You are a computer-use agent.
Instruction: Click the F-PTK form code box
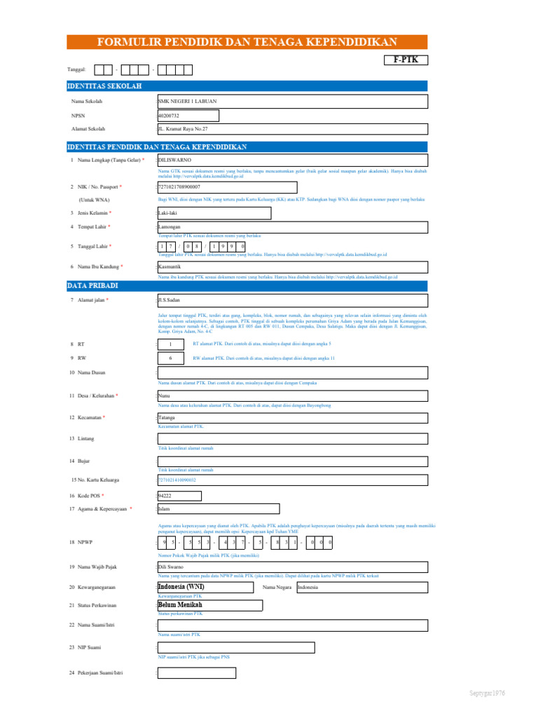pos(406,60)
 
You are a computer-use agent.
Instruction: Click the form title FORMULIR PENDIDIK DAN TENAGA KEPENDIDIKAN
pos(247,42)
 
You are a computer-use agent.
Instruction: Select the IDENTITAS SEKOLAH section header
pos(104,86)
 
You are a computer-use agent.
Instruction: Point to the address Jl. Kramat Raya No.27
pos(184,130)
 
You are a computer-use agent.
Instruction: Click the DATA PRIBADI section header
pos(93,286)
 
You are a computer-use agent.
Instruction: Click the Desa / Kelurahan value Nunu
pos(165,396)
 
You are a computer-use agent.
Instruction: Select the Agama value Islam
pos(165,509)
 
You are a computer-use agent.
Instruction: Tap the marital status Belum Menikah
pos(180,605)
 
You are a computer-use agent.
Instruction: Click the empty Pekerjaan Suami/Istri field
pos(197,673)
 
